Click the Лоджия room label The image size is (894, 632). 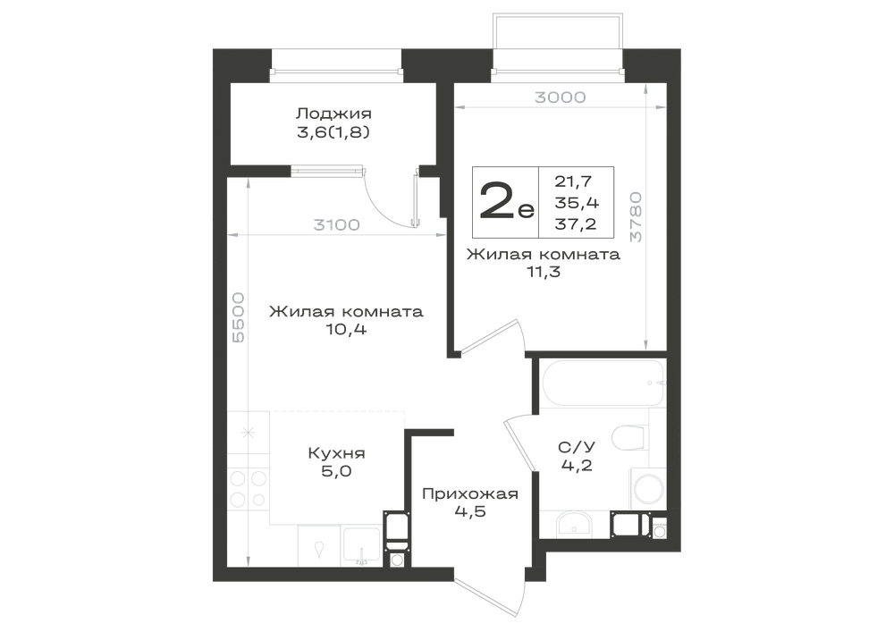[x=334, y=114]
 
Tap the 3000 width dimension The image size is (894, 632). [x=560, y=97]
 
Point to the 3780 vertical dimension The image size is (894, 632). [x=636, y=216]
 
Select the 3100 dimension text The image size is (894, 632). [x=336, y=225]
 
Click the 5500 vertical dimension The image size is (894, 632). [x=239, y=316]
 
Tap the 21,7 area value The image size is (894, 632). [x=574, y=181]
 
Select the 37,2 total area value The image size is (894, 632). [x=576, y=224]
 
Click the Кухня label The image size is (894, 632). [x=336, y=453]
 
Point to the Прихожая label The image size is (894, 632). [x=470, y=493]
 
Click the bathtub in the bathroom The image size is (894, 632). [x=603, y=383]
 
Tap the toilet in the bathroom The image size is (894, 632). [x=630, y=438]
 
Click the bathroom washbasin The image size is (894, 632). [x=573, y=524]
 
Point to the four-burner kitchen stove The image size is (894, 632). [x=248, y=488]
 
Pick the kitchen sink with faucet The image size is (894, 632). [x=361, y=546]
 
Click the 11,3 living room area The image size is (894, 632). [x=544, y=272]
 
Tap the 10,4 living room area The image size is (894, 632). [x=346, y=329]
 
